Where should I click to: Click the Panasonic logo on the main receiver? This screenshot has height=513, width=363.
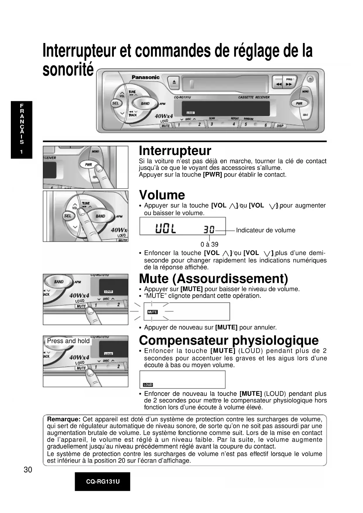(x=145, y=77)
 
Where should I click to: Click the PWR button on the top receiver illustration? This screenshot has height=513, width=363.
(x=299, y=104)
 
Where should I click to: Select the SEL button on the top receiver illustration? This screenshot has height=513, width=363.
(x=116, y=103)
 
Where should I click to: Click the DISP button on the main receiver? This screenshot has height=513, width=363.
(x=280, y=126)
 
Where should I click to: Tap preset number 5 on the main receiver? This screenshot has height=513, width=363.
(x=246, y=124)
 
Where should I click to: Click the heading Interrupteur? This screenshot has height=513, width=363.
(x=175, y=151)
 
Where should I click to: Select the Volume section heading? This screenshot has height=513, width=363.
(x=162, y=195)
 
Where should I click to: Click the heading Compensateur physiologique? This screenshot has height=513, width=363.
(x=229, y=340)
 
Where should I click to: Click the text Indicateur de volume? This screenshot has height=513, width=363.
(x=266, y=230)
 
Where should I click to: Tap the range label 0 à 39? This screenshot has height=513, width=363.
(x=209, y=245)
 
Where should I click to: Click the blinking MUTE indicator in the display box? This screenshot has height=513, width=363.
(x=152, y=312)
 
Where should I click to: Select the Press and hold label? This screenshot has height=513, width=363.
(x=68, y=341)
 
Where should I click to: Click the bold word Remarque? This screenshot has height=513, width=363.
(x=64, y=419)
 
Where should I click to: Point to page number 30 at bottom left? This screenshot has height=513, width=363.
(x=28, y=470)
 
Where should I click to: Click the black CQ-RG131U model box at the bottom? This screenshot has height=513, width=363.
(x=102, y=481)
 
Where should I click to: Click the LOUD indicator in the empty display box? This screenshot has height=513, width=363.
(x=148, y=385)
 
